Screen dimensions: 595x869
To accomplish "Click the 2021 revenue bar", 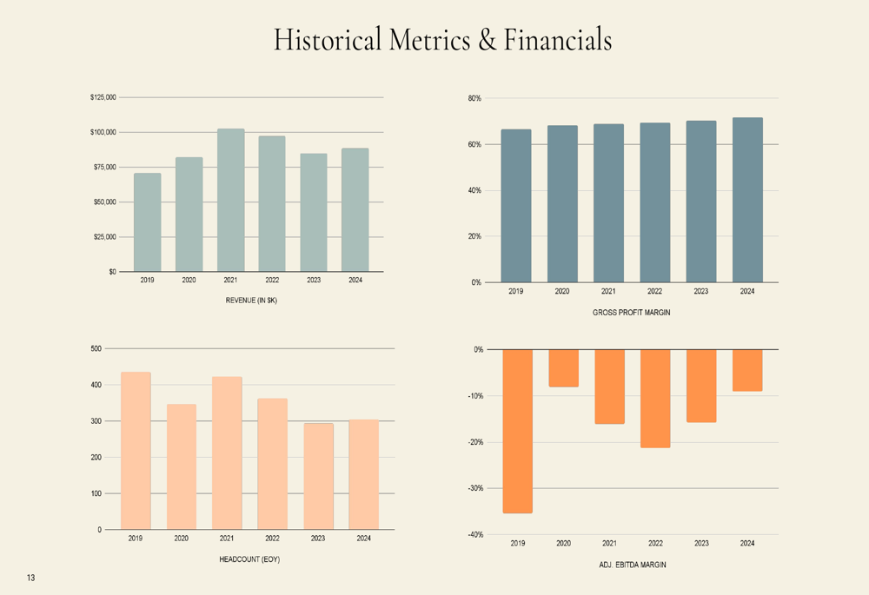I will (230, 200).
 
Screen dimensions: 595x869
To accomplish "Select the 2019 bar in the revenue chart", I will (147, 222).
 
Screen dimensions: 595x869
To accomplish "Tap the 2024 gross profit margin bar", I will (747, 200).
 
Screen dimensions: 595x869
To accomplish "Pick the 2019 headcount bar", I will (136, 451).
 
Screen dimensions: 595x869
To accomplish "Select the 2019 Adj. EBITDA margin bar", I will (518, 431).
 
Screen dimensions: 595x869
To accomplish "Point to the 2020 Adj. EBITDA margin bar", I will (564, 368).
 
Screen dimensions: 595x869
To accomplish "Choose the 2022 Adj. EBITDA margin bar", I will (655, 398).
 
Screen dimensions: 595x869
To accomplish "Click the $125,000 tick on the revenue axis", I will (103, 97).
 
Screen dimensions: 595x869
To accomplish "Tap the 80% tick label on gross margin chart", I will (474, 98).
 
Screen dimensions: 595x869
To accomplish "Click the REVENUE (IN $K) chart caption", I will (251, 301).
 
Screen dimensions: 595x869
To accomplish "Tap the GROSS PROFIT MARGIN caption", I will (632, 312).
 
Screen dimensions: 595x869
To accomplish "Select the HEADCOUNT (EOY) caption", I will (249, 559).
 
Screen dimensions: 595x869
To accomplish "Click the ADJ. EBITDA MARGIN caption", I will (632, 565).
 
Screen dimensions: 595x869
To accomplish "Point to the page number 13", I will (30, 578).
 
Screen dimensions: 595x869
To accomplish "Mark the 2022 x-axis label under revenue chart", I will (272, 280).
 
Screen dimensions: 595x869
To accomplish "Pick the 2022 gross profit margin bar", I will (655, 202).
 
